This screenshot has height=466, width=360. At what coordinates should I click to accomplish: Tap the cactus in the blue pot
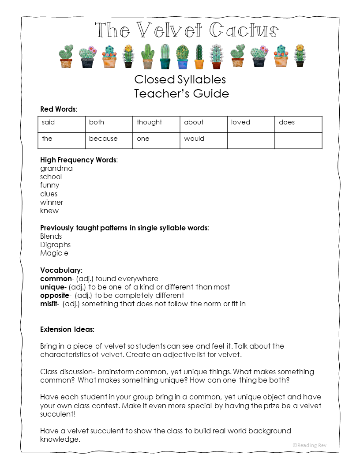(182, 57)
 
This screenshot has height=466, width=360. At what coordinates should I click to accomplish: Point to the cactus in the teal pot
(165, 57)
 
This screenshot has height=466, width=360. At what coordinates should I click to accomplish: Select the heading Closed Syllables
(180, 79)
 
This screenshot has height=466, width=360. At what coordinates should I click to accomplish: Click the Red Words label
(58, 109)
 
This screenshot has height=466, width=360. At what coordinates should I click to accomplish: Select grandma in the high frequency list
(56, 169)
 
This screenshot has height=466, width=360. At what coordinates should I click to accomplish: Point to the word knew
(49, 211)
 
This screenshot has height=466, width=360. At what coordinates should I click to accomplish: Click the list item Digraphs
(55, 245)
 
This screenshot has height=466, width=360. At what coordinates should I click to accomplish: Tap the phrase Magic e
(54, 253)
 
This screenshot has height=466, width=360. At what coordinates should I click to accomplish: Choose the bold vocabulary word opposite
(55, 296)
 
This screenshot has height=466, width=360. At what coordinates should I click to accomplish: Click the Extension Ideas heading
(67, 330)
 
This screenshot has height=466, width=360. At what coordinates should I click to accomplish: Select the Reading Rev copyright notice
(309, 445)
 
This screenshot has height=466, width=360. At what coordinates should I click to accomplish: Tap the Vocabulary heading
(61, 270)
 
